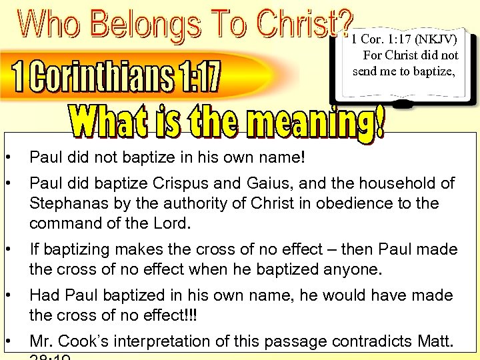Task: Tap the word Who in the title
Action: tap(49, 25)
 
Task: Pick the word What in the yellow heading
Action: tap(104, 121)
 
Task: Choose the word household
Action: tap(400, 183)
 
